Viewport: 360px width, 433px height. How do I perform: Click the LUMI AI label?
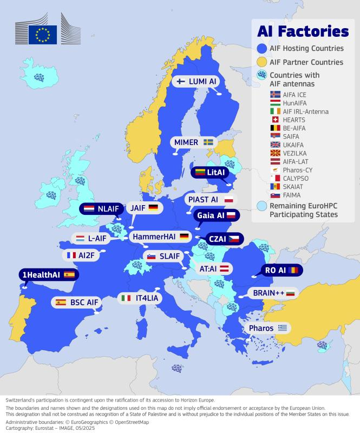point(198,81)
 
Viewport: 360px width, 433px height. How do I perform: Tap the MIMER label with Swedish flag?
point(193,142)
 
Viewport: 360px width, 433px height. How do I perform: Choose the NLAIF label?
point(101,208)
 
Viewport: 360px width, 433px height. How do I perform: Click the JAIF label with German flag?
point(143,208)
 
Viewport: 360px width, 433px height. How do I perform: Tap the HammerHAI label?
point(160,237)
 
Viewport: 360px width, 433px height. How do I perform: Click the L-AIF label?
point(90,238)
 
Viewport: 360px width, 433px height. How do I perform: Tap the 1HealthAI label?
point(47,274)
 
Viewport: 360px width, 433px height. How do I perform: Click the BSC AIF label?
point(76,302)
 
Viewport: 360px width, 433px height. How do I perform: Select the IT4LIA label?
point(140,298)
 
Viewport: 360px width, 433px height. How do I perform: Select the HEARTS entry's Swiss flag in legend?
point(274,120)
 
